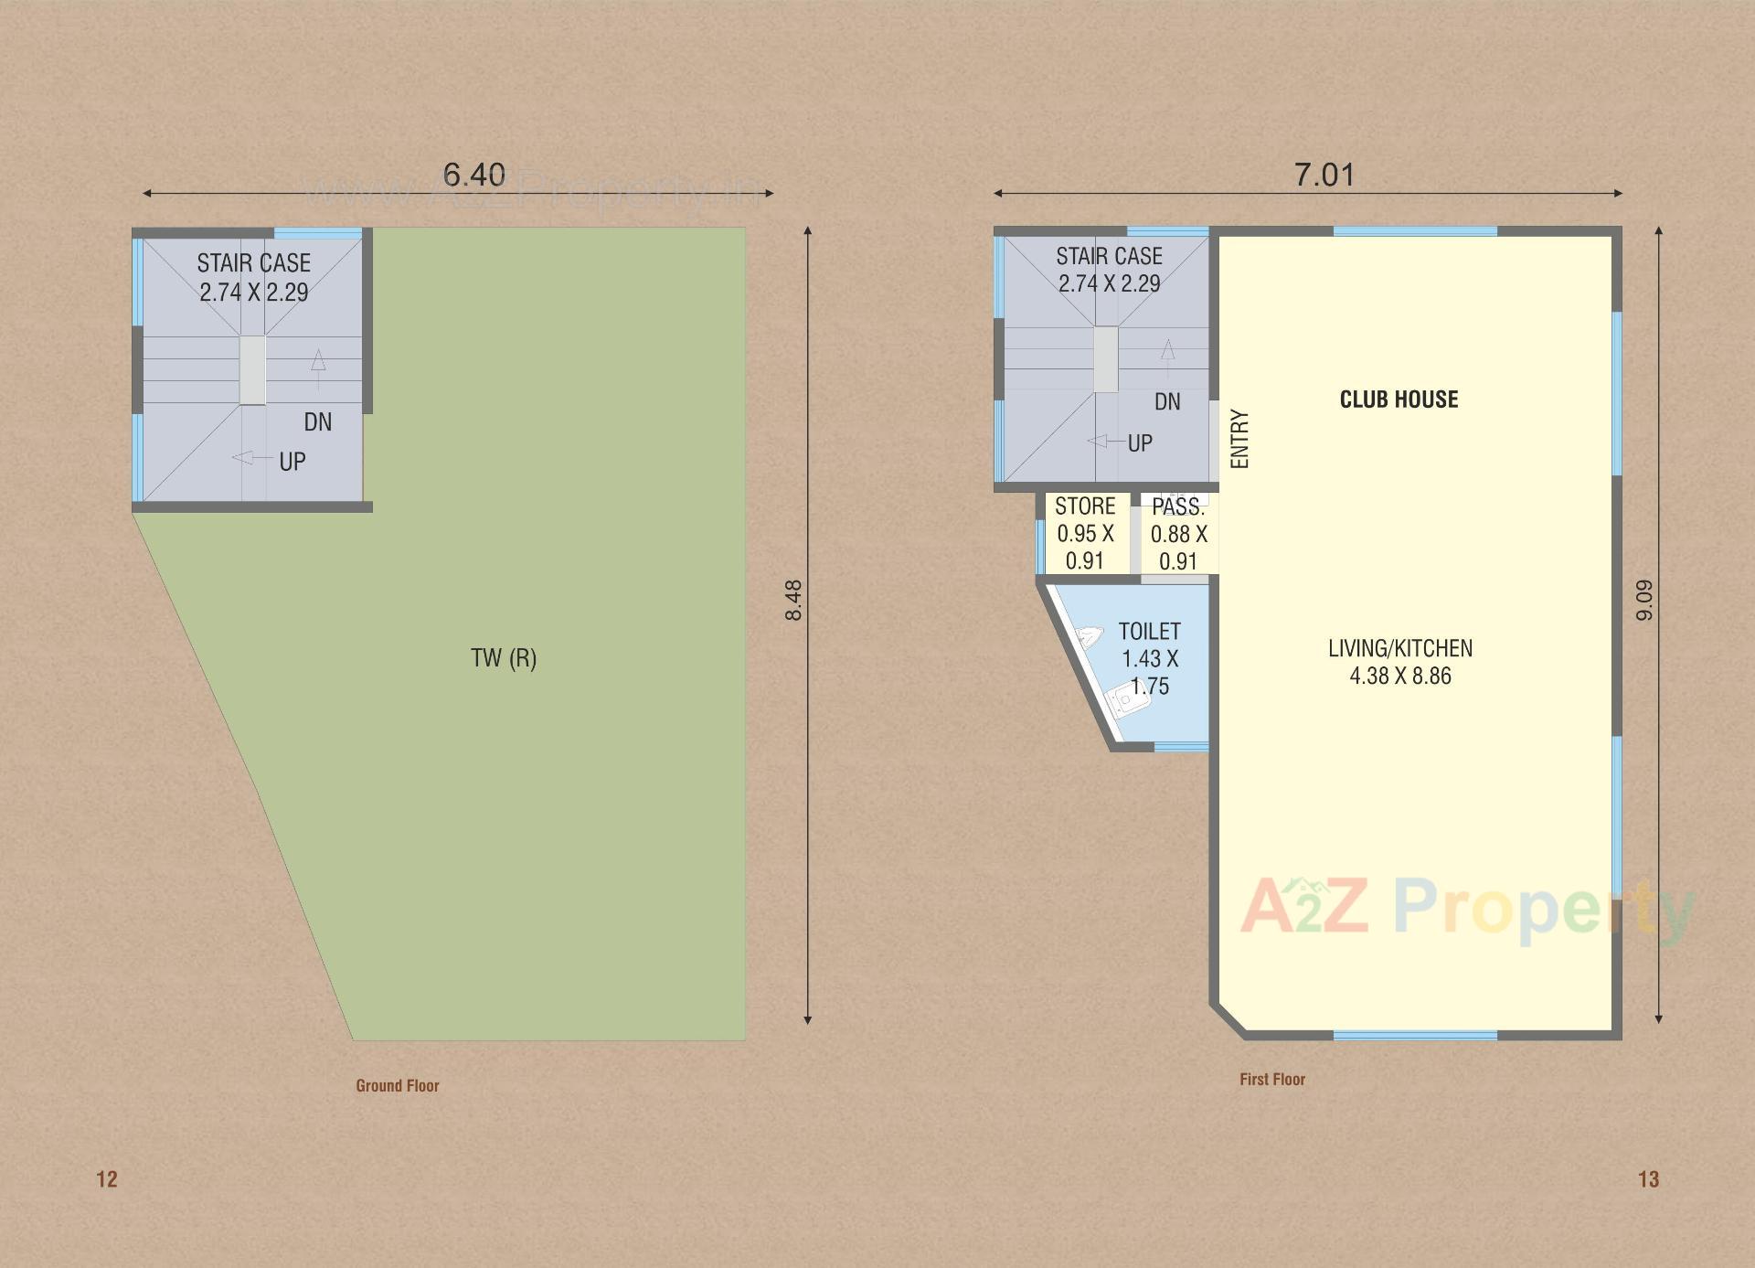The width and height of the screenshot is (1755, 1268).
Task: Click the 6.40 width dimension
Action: [x=473, y=175]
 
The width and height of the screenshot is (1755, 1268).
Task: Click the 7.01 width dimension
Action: [x=1324, y=175]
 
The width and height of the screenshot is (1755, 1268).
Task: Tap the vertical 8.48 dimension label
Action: [x=793, y=601]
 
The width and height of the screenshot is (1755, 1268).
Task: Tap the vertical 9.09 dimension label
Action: [x=1644, y=601]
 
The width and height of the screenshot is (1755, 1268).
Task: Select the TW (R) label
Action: [x=504, y=658]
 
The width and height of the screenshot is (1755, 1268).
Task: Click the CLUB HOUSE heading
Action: [x=1399, y=400]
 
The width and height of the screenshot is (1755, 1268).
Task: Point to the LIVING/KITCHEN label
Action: [x=1400, y=649]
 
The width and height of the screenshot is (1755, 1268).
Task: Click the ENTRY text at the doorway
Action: [x=1239, y=439]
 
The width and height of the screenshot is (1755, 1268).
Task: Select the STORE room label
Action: [x=1085, y=506]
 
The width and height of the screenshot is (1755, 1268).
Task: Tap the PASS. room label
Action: [x=1178, y=507]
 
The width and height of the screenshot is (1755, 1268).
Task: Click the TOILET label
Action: [x=1149, y=632]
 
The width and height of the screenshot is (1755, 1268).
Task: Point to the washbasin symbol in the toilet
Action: [x=1090, y=636]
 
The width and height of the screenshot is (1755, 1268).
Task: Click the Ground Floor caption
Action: [x=398, y=1085]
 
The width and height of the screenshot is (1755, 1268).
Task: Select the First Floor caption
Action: [x=1272, y=1079]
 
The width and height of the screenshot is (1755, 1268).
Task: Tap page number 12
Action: [x=107, y=1179]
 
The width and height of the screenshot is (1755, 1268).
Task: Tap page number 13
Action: [x=1648, y=1179]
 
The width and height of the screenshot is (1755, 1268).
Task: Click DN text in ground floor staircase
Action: [x=318, y=421]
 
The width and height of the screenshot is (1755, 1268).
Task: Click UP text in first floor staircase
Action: [x=1140, y=443]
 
